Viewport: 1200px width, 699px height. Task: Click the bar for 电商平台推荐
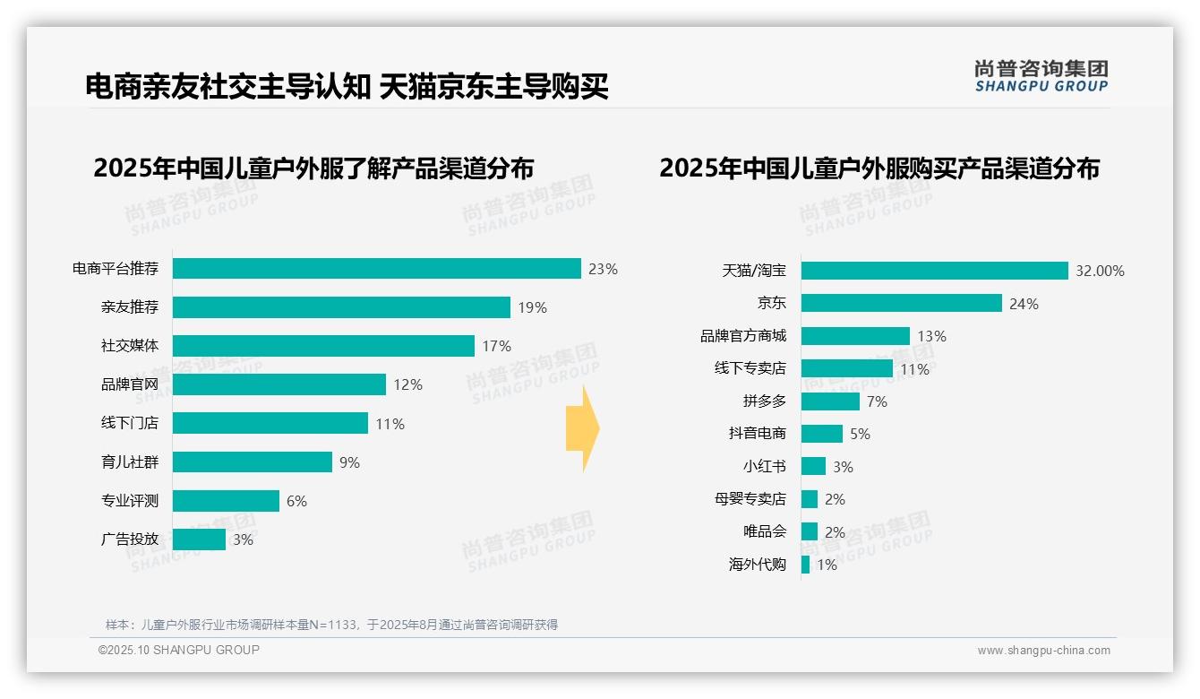376,269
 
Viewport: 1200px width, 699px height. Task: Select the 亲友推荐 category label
129,307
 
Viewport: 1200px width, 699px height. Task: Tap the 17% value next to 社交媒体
496,346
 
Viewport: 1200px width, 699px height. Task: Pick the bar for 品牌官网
279,384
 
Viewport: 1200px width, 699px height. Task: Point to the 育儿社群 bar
252,462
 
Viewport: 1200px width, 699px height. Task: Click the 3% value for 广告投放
243,539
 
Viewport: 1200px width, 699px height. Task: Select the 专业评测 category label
129,501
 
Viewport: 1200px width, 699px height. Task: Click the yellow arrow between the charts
582,428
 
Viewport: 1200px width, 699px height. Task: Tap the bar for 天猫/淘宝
934,271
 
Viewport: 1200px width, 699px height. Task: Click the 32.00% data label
1101,271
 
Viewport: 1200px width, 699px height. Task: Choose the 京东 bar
901,303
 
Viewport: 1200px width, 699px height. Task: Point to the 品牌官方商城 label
742,336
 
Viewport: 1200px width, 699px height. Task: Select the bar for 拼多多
830,401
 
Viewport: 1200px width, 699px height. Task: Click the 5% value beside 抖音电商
860,434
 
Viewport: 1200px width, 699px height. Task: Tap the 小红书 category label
764,466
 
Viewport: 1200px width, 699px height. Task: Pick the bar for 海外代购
805,565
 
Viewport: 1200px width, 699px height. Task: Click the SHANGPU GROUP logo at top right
1041,76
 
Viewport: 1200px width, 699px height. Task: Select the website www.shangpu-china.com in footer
1043,651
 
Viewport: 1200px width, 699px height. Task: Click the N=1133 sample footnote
331,625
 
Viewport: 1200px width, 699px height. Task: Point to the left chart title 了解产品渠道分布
313,168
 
